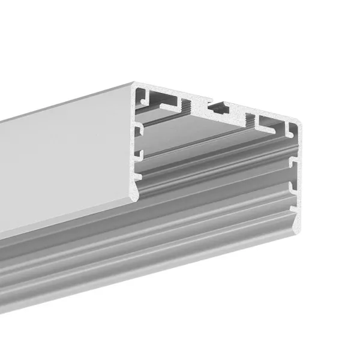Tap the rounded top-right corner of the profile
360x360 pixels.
point(298,122)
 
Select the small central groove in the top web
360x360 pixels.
point(217,109)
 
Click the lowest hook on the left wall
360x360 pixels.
point(139,176)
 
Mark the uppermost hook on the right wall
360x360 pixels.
point(293,161)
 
